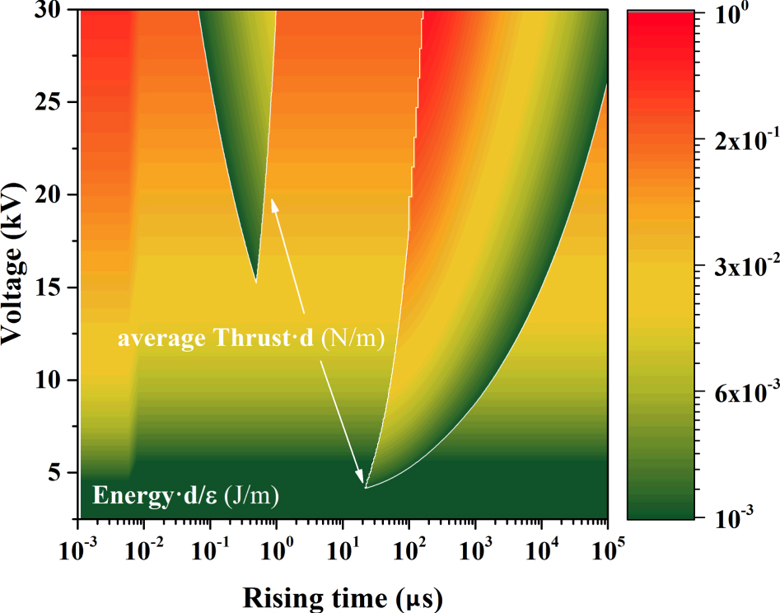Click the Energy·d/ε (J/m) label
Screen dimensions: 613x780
coord(186,496)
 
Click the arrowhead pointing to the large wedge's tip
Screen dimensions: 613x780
coord(361,479)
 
